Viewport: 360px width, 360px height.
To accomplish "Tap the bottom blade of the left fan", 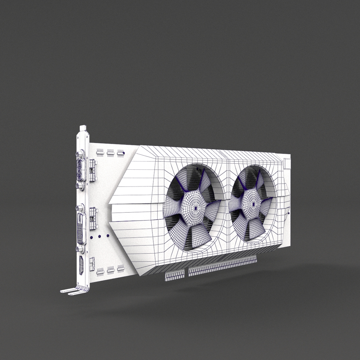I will click(x=201, y=233).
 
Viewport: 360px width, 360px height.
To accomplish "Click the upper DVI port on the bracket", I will click(x=81, y=170).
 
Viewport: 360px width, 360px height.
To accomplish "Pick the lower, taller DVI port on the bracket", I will click(x=81, y=228).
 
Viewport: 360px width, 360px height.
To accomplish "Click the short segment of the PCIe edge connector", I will click(x=175, y=275).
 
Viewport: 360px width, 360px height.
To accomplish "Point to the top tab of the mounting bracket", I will click(x=83, y=128).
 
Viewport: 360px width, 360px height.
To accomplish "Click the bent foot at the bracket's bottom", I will click(x=72, y=291).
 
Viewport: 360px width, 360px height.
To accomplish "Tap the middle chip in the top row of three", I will click(x=110, y=153).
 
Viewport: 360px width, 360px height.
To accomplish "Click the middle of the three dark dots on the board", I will click(x=100, y=236).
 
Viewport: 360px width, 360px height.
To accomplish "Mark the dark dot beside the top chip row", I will click(x=124, y=153).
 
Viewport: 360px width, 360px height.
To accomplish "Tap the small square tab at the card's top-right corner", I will click(x=287, y=163).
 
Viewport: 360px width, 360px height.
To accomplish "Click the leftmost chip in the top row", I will click(x=100, y=152).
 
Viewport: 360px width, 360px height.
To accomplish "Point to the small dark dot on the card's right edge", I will click(x=289, y=212).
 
